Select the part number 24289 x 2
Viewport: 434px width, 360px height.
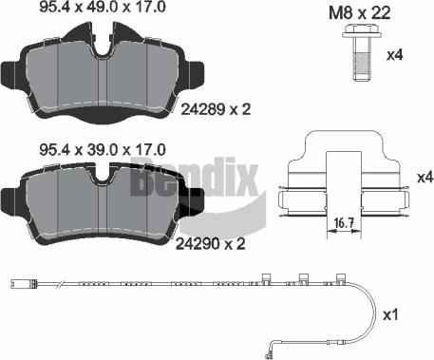point(215,110)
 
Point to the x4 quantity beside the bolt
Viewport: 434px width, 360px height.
point(397,56)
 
